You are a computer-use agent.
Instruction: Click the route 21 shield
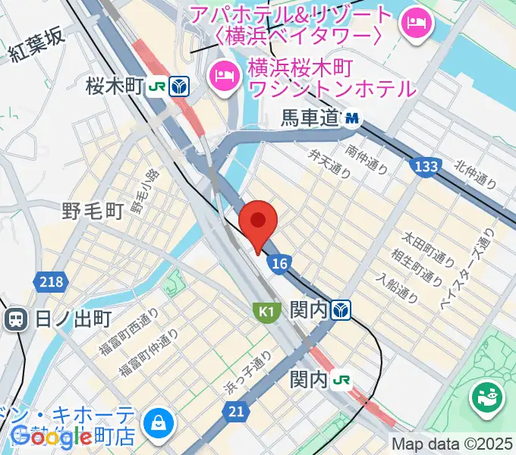pos(236,411)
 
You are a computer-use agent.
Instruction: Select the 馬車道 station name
pos(308,118)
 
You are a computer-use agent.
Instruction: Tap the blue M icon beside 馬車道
pos(352,118)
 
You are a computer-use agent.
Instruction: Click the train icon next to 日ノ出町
pos(14,318)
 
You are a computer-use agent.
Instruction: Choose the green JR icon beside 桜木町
pos(157,86)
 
